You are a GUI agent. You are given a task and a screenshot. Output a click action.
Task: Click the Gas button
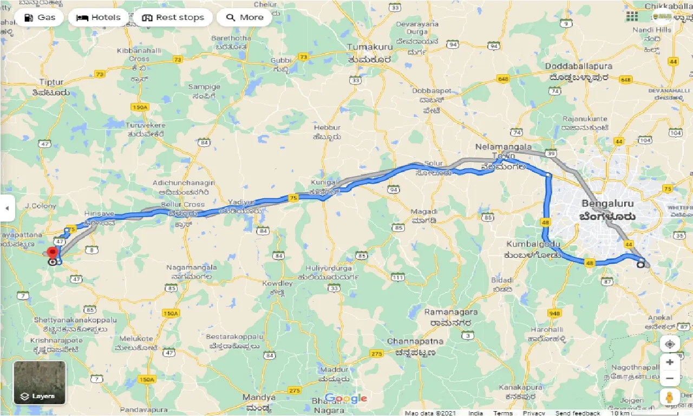coord(39,17)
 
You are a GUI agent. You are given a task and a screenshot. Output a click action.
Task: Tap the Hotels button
coord(98,17)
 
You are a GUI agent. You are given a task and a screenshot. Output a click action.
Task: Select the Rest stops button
coord(173,17)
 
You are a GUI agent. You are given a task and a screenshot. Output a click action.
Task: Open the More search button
coord(245,17)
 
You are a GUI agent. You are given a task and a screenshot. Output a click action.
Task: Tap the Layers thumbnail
coord(40,383)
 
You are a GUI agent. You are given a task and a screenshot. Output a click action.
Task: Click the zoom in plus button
coord(670,362)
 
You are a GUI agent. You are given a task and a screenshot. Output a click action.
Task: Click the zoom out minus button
coord(670,378)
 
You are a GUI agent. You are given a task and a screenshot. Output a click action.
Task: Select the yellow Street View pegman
coord(670,397)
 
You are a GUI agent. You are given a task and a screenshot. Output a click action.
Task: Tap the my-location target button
coord(670,344)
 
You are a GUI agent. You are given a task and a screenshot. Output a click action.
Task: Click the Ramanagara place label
coord(450,313)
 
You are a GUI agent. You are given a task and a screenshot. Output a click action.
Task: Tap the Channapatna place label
coord(415,341)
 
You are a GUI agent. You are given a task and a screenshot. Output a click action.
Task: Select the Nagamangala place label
coord(192,268)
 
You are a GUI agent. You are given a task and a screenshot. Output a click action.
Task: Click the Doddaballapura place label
coord(578,66)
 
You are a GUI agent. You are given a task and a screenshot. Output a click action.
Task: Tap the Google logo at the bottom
coord(346,399)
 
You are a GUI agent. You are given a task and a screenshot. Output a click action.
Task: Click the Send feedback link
coord(578,413)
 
